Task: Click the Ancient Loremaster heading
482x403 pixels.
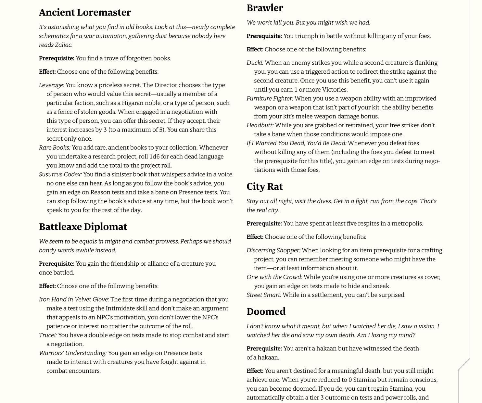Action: click(85, 12)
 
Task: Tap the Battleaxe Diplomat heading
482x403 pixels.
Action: click(83, 227)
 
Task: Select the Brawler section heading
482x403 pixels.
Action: click(265, 8)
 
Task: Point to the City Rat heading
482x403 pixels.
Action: click(264, 186)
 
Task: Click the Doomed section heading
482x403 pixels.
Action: click(266, 311)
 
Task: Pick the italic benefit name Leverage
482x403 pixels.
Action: click(51, 85)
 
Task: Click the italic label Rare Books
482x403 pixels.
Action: click(54, 147)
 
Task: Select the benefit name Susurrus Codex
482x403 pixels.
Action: click(60, 174)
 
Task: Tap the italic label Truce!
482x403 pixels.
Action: click(47, 335)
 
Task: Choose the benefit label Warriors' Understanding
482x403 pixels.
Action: click(72, 353)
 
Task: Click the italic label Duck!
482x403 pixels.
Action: click(255, 63)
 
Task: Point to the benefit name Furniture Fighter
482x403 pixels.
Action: click(270, 98)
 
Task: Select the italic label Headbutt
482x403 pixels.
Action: click(260, 125)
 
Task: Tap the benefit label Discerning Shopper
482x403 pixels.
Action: click(273, 250)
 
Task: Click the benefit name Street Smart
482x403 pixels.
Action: click(263, 295)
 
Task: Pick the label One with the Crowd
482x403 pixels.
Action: click(274, 277)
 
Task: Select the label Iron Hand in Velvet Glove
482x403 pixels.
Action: click(74, 299)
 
